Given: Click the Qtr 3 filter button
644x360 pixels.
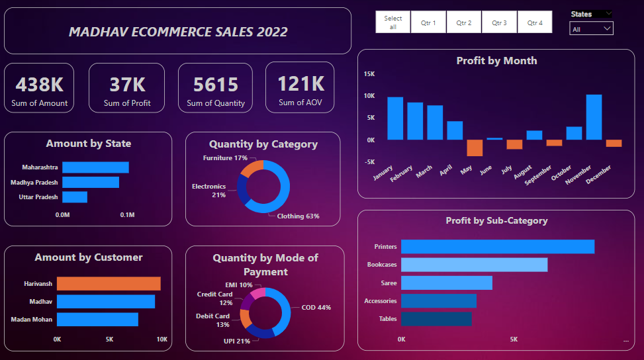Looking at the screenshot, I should [499, 22].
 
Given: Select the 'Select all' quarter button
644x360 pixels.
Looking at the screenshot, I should [392, 22].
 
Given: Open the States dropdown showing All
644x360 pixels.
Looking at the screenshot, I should [591, 29].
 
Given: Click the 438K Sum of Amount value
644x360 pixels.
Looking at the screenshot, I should [40, 85].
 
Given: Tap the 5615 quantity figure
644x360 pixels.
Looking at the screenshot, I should [216, 85].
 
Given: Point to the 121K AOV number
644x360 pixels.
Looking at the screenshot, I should [300, 84].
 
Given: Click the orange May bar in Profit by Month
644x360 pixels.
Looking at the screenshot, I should [475, 148].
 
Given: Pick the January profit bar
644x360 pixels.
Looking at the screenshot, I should [395, 118].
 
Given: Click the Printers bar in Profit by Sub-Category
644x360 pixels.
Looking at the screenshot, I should [497, 247].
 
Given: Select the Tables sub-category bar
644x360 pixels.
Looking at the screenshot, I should [436, 319].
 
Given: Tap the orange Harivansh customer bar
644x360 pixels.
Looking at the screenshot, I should [109, 284].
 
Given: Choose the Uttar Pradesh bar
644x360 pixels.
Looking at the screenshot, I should [75, 197].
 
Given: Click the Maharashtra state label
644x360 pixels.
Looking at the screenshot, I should [40, 167].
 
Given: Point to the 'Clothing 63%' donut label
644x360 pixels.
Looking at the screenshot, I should [298, 216].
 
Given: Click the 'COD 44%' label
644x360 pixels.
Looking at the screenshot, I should [316, 307].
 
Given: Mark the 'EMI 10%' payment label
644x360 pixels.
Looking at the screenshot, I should [239, 285].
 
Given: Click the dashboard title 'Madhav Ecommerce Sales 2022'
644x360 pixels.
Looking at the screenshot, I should [178, 32].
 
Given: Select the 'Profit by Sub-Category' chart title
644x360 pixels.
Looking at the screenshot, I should [496, 220].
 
